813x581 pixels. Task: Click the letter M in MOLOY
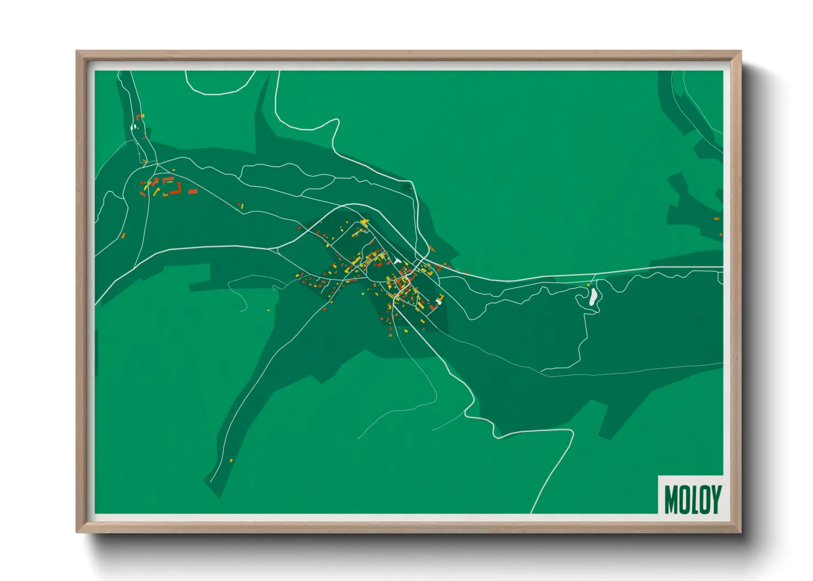pos(672,499)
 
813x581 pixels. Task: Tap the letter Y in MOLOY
pos(715,499)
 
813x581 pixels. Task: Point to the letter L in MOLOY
pos(694,499)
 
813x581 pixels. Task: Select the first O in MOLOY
pos(684,499)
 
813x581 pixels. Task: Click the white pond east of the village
pos(593,297)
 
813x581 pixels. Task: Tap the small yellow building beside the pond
pos(588,285)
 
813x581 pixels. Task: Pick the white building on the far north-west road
pos(133,127)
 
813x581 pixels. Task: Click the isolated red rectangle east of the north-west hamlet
pos(193,191)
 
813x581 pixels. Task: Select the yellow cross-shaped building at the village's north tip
pos(364,222)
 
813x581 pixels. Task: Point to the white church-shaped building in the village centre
pos(397,261)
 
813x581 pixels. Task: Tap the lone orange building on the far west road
pos(124,236)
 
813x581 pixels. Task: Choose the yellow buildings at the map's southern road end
pos(231,460)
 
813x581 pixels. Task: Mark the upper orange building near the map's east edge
pos(717,219)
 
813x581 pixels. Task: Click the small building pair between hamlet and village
pos(241,206)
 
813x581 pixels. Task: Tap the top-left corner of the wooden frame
pos(77,52)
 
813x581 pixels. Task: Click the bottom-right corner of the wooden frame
pos(740,532)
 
